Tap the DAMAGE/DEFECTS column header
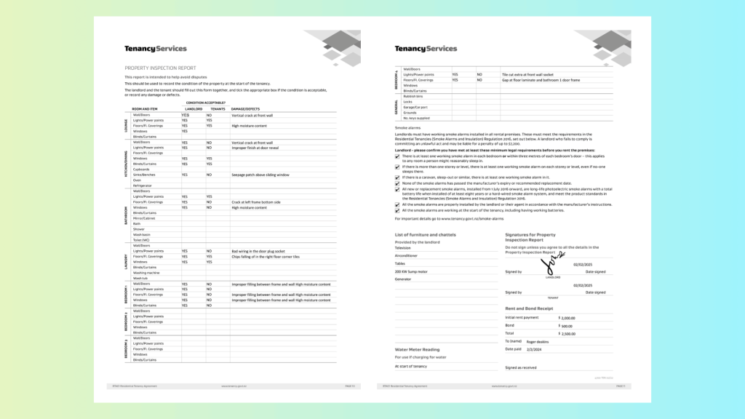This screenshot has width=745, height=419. coord(246,109)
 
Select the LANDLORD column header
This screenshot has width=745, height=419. coord(192,109)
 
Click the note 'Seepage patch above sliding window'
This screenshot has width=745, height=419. coord(260,175)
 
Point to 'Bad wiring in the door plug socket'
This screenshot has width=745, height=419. coord(260,251)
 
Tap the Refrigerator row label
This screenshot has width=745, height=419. coord(143,185)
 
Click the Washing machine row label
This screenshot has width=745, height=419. coord(146,272)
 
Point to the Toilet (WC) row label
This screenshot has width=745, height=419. coord(143,239)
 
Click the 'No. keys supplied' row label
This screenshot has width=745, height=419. coord(417,118)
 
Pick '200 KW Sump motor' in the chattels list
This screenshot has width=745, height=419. coord(410,270)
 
